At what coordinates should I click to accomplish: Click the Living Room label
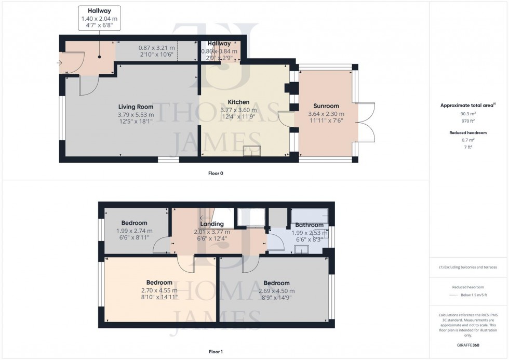point(136,106)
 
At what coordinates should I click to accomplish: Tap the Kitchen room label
point(238,102)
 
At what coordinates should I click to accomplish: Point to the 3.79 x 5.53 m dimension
point(136,114)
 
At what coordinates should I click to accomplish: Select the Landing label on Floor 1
point(211,224)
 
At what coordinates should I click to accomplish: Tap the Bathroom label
point(310,225)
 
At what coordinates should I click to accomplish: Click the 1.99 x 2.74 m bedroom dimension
point(135,231)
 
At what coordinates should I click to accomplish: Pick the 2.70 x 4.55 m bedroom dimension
point(159,290)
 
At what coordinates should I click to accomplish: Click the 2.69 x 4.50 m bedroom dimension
point(276,291)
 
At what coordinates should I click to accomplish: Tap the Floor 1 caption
point(216,352)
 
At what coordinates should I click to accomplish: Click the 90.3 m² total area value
point(468,113)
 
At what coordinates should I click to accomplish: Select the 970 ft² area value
point(468,121)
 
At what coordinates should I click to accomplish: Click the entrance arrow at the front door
point(60,63)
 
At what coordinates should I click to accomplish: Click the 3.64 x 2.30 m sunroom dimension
point(326,114)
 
